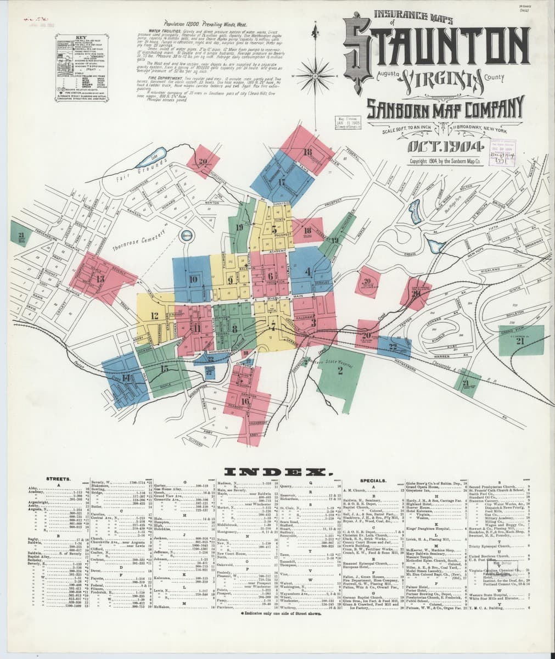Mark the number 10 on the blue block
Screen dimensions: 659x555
[x=193, y=278]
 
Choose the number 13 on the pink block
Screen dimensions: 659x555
[x=100, y=278]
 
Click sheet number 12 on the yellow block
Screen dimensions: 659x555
[x=154, y=316]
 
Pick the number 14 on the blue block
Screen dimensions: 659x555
[x=126, y=378]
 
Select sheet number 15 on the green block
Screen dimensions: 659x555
[x=165, y=369]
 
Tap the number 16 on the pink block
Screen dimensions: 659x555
[x=245, y=401]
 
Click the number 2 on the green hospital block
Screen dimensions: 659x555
[x=340, y=371]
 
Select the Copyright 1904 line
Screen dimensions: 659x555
[x=445, y=161]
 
